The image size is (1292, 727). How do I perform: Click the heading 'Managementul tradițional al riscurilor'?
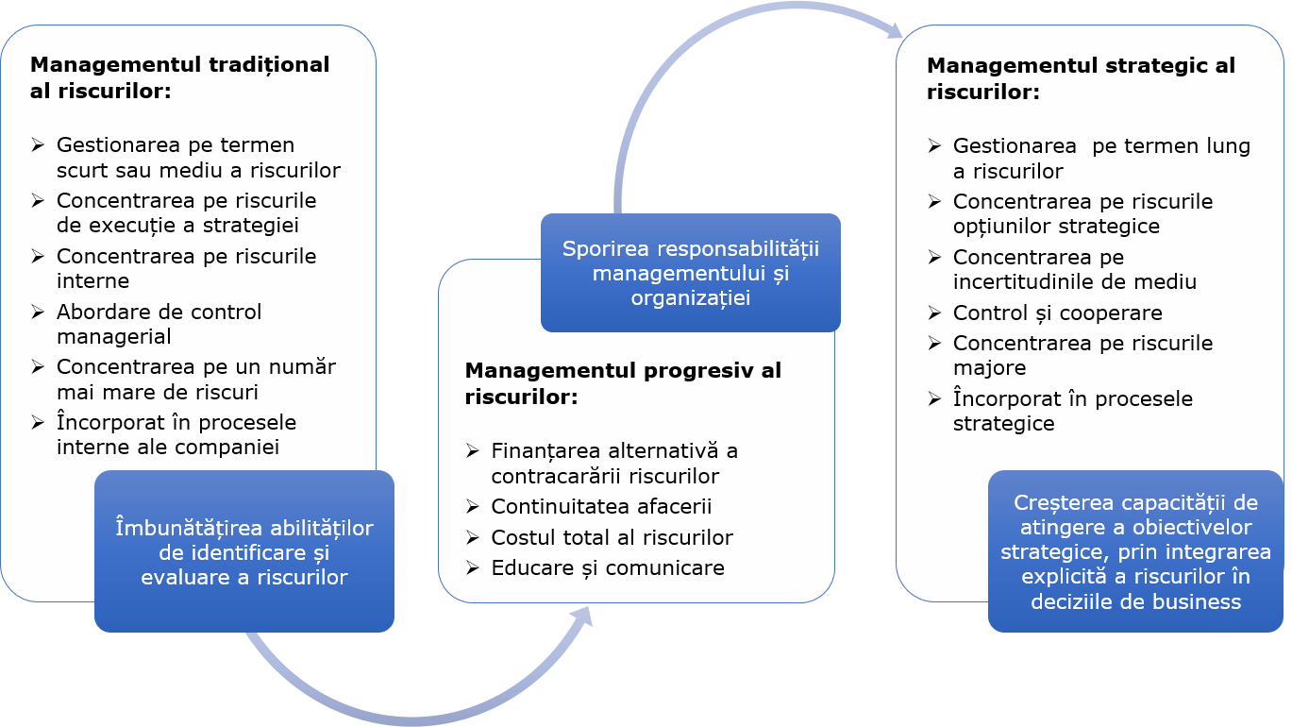179,77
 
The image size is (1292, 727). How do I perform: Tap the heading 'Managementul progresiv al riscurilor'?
623,383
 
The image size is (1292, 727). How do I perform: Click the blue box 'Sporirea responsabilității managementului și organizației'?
690,273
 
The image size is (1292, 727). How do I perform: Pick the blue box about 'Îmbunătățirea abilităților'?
243,551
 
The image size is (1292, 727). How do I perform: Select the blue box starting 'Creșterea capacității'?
1135,551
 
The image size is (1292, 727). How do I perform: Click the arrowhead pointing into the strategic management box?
892,31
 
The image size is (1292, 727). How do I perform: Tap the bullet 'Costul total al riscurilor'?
612,537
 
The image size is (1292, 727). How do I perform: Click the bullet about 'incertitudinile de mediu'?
1074,269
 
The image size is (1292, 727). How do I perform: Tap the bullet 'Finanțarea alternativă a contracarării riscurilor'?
614,463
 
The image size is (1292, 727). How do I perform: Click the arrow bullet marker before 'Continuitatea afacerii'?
473,507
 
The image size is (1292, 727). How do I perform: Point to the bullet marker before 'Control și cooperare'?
934,313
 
